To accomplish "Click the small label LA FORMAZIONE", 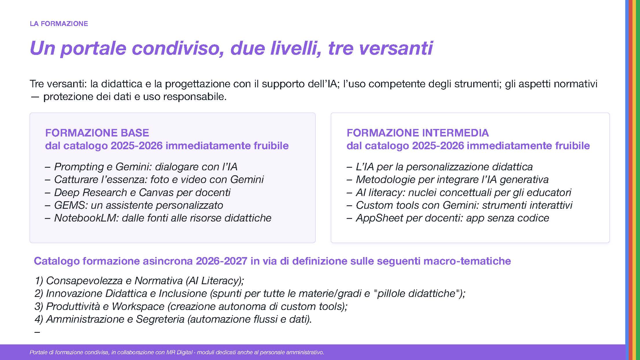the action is tap(59, 24).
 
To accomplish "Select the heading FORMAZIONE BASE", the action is tap(97, 133).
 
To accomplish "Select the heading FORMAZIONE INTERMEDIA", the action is tap(418, 133).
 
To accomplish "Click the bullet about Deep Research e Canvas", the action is tap(138, 192).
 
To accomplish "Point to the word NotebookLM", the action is tap(87, 218).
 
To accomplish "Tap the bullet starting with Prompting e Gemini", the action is tap(141, 167).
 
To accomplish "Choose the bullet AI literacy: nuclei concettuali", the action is tap(459, 192).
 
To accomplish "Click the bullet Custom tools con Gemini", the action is tap(460, 205).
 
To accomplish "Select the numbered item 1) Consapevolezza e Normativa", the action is tap(139, 281).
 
